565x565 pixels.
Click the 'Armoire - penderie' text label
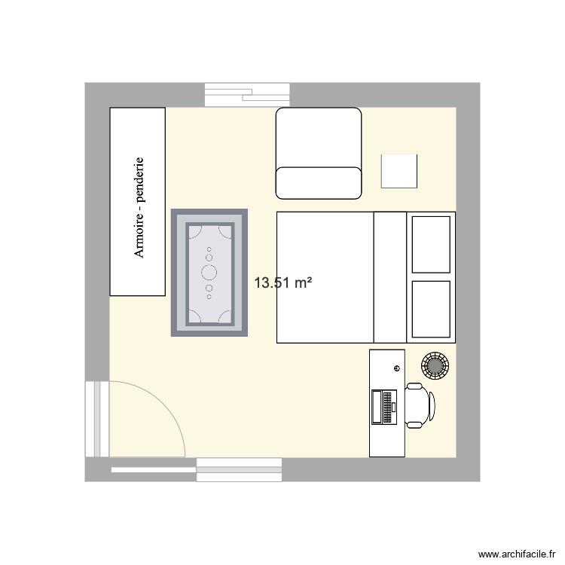139,207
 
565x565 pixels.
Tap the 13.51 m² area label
283,283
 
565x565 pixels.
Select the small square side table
399,170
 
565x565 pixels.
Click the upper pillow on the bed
431,243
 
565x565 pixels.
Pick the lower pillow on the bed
431,308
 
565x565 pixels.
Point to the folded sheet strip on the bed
390,277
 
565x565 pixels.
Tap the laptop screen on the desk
377,408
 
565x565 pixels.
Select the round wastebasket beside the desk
435,366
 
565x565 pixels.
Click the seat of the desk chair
416,406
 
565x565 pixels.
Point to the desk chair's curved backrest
432,406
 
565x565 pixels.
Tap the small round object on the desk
396,368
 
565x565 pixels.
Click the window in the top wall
248,94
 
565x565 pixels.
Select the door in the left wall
97,419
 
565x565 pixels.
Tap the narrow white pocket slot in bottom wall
154,470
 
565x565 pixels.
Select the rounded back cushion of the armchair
319,182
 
